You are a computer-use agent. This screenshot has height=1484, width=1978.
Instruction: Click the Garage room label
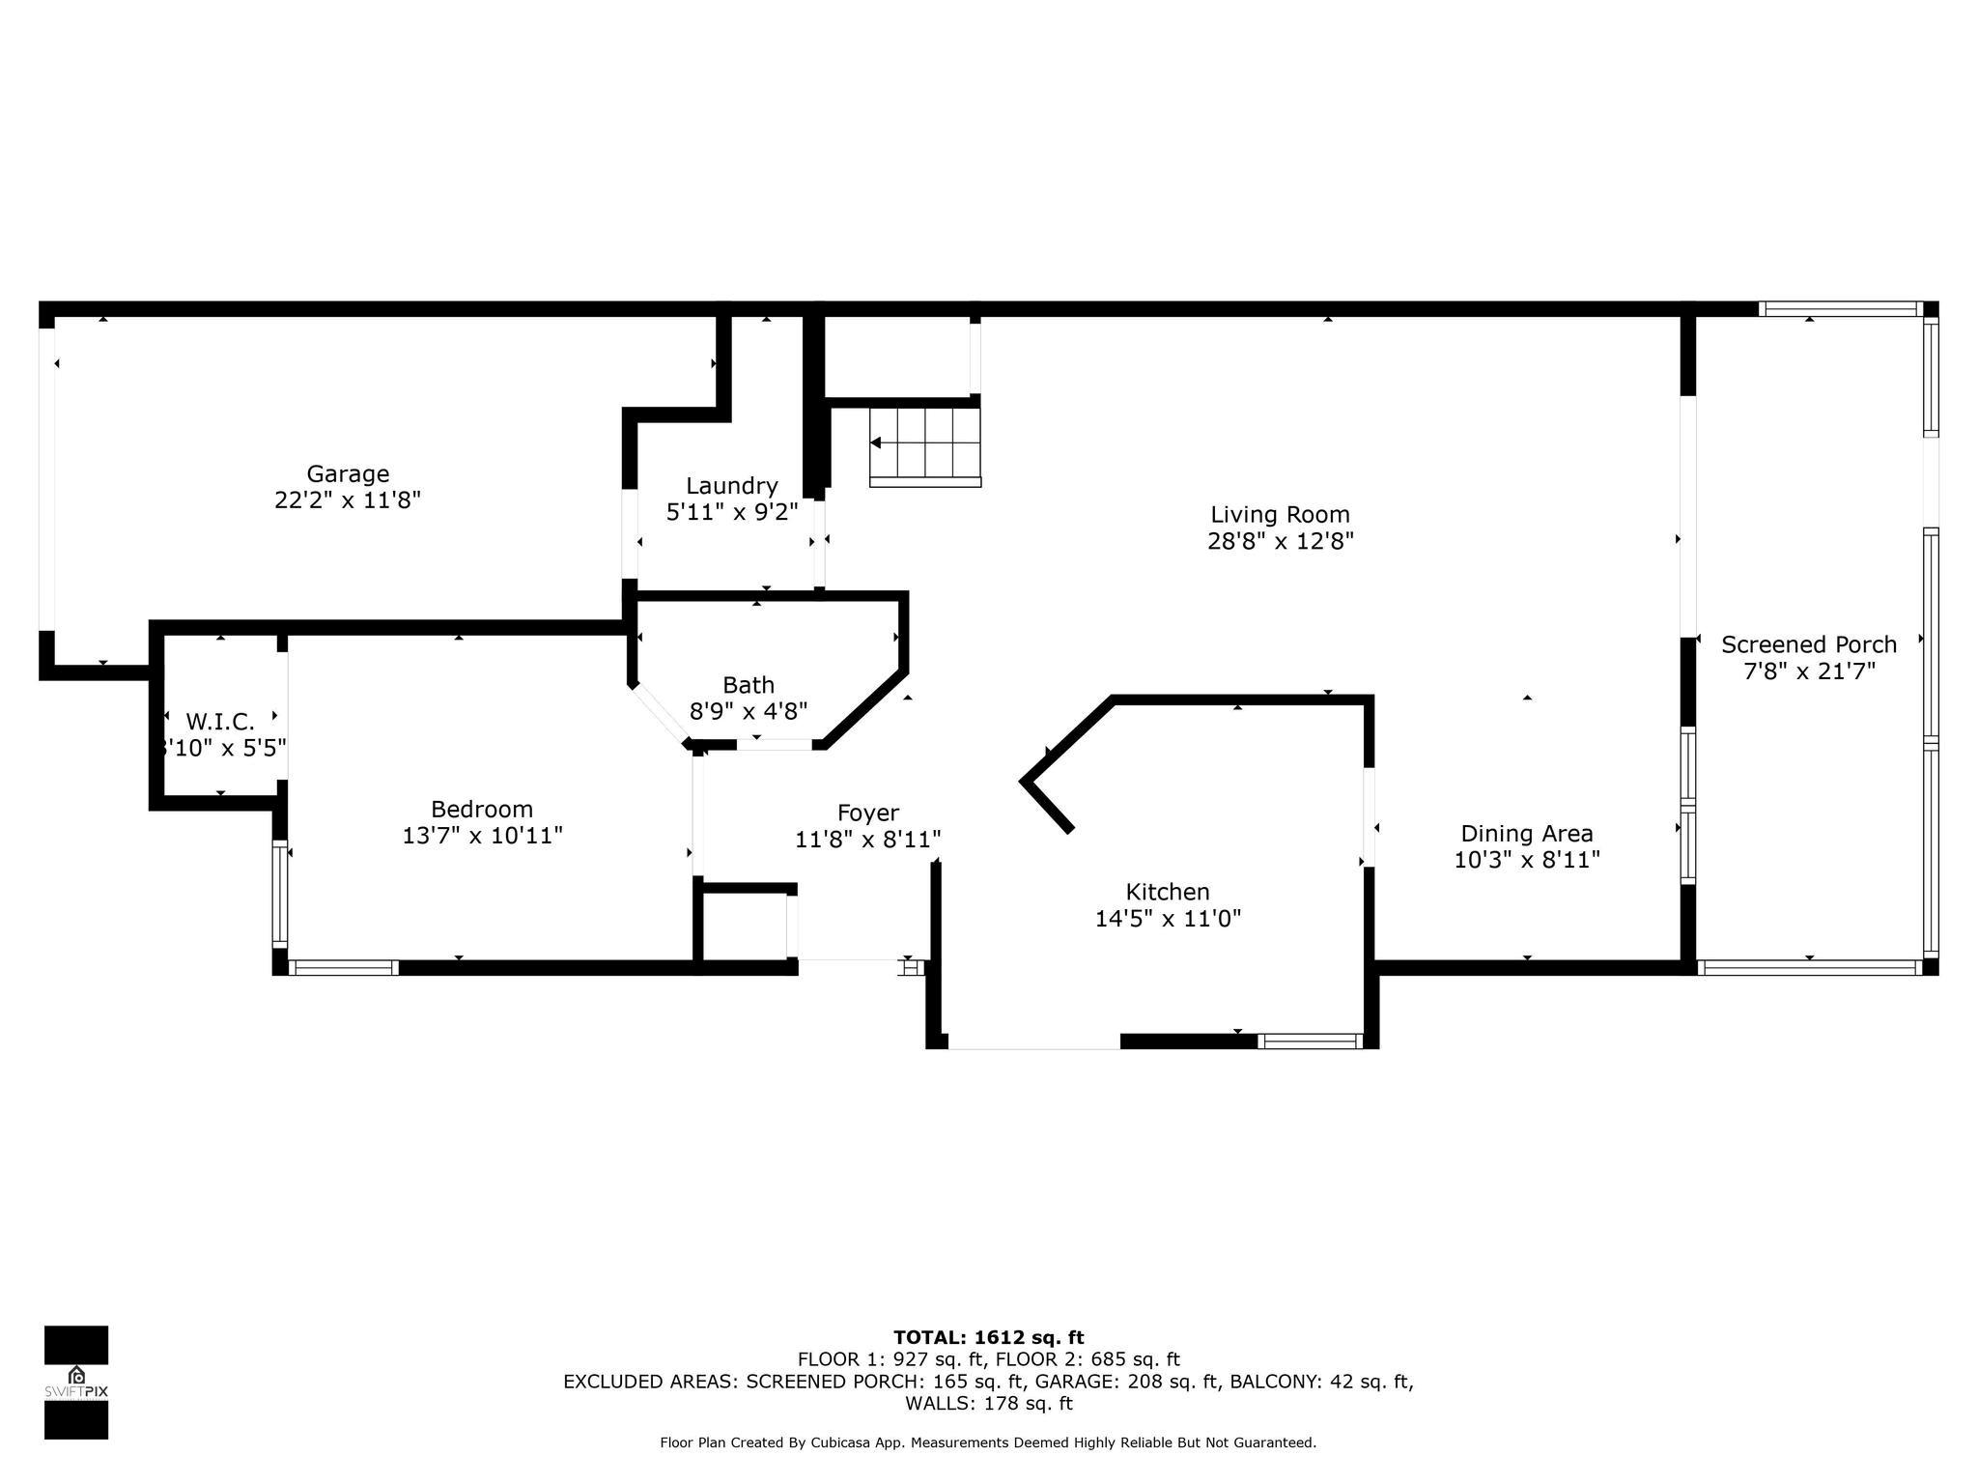(348, 473)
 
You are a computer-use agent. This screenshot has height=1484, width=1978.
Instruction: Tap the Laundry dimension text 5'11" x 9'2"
(732, 512)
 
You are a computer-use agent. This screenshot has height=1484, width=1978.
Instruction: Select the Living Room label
(1280, 514)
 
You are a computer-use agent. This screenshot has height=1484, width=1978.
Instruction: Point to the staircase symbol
(925, 445)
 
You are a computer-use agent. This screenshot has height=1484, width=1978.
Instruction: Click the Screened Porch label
(1809, 644)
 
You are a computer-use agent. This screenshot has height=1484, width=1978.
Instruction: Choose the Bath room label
(749, 685)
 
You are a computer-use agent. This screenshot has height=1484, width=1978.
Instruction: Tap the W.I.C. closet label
(220, 722)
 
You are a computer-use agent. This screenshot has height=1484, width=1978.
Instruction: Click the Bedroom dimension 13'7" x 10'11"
(482, 836)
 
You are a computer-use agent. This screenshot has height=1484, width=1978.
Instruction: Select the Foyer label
(867, 813)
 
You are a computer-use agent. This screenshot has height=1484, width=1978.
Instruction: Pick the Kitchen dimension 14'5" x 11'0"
(1168, 918)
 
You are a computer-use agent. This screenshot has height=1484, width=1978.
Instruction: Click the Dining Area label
(1527, 833)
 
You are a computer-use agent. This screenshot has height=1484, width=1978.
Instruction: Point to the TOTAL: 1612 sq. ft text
(988, 1338)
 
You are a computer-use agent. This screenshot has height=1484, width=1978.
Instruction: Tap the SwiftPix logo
(76, 1383)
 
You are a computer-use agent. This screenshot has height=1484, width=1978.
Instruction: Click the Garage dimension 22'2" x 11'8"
(348, 500)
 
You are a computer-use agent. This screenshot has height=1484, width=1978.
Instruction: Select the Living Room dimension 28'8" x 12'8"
(1280, 541)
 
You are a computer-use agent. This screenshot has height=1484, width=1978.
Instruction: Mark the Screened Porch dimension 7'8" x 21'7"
(1809, 671)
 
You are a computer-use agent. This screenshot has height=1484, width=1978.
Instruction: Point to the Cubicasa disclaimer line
(988, 1442)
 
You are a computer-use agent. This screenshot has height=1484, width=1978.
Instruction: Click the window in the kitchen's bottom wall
(1310, 1041)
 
